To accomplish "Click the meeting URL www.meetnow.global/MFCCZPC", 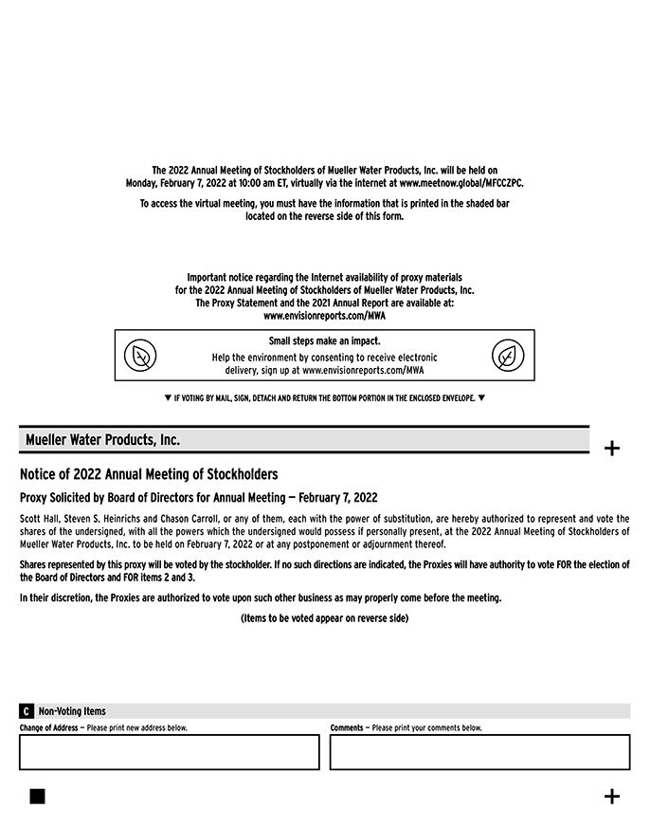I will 460,183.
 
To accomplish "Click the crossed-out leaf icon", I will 140,356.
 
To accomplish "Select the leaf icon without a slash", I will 508,356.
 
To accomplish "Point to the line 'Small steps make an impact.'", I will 325,341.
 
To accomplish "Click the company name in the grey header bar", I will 103,440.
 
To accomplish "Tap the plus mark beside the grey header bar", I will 612,448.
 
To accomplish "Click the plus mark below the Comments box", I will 612,797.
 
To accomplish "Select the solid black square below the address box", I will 37,797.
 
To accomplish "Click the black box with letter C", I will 27,711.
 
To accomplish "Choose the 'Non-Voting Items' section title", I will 72,711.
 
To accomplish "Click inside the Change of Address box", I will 169,752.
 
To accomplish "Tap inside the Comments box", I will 479,752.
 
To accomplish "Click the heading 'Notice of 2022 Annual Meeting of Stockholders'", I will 149,474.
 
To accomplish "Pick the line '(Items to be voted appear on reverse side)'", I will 325,618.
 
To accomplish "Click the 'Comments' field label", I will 347,728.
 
